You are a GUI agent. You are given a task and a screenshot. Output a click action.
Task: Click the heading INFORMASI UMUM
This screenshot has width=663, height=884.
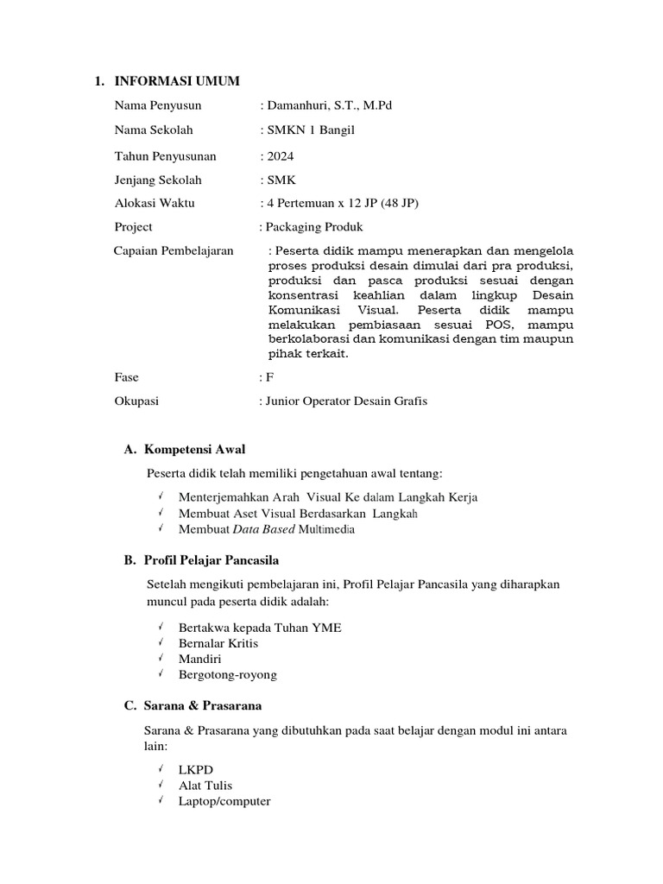[177, 81]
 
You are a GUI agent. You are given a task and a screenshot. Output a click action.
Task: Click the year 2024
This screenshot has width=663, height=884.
[277, 156]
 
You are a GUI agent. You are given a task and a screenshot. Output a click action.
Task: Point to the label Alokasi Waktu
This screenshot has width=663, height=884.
[155, 203]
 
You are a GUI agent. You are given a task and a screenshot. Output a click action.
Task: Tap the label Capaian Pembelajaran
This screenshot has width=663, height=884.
[174, 250]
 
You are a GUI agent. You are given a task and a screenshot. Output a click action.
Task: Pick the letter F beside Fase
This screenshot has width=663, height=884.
[269, 377]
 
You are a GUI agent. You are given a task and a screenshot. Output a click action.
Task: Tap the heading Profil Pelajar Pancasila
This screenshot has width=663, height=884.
[212, 561]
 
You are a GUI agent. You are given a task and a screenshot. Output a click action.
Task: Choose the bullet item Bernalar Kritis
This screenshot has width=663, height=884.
[218, 643]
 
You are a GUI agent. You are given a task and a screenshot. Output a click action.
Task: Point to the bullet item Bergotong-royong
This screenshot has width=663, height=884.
[228, 675]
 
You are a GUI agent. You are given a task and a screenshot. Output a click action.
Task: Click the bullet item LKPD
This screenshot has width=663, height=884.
[196, 770]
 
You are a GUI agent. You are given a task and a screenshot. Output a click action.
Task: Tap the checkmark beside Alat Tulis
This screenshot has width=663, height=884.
[161, 785]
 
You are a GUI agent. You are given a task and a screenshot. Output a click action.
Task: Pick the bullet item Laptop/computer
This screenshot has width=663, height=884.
[224, 801]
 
